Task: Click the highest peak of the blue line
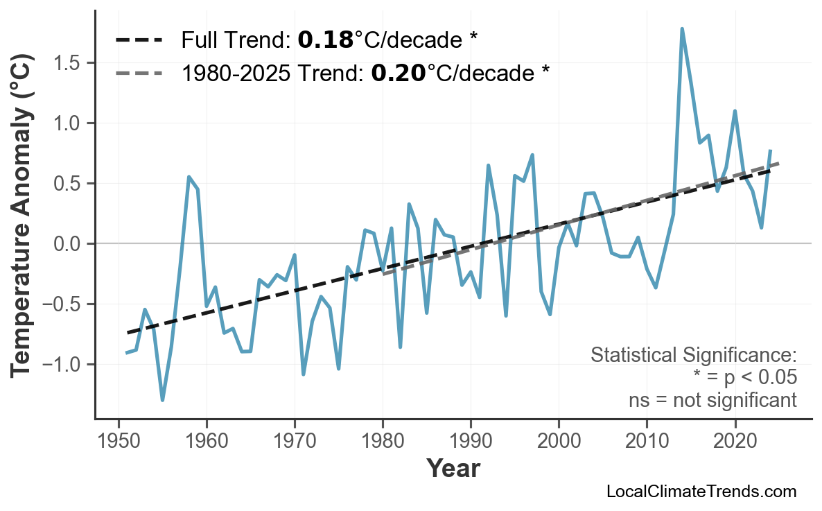click(x=682, y=29)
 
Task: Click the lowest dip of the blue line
click(x=163, y=400)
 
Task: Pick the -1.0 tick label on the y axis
click(x=62, y=365)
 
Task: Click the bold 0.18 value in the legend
click(x=325, y=41)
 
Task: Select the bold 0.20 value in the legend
click(x=399, y=73)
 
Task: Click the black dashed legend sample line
click(x=139, y=41)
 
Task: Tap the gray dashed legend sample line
click(x=139, y=73)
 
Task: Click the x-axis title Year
click(x=453, y=469)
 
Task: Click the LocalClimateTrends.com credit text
click(x=701, y=492)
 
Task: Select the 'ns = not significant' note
click(x=712, y=400)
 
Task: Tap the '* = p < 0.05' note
click(x=744, y=378)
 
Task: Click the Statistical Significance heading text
click(x=693, y=356)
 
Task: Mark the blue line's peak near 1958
click(x=189, y=177)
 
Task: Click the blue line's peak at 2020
click(x=735, y=111)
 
